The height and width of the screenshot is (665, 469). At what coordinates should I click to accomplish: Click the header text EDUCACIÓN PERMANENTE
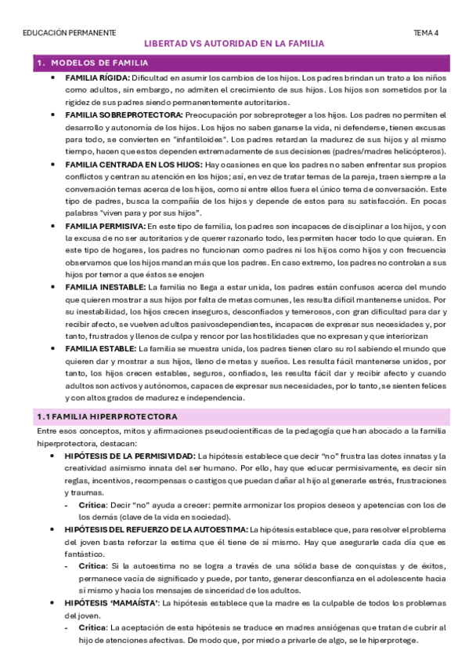(x=70, y=33)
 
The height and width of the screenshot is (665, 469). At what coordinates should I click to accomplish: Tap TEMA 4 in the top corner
(x=426, y=33)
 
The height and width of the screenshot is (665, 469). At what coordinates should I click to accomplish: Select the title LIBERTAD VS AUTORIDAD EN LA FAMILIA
(x=235, y=45)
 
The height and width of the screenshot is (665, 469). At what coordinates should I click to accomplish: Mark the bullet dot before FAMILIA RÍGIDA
(x=52, y=78)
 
